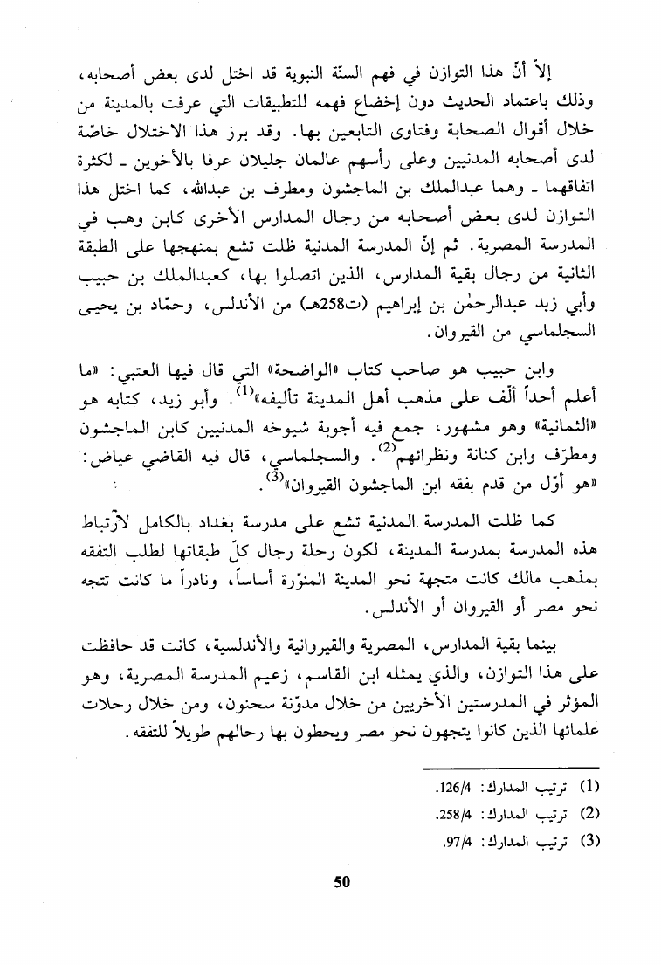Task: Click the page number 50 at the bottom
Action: point(341,881)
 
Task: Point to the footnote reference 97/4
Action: point(449,843)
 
